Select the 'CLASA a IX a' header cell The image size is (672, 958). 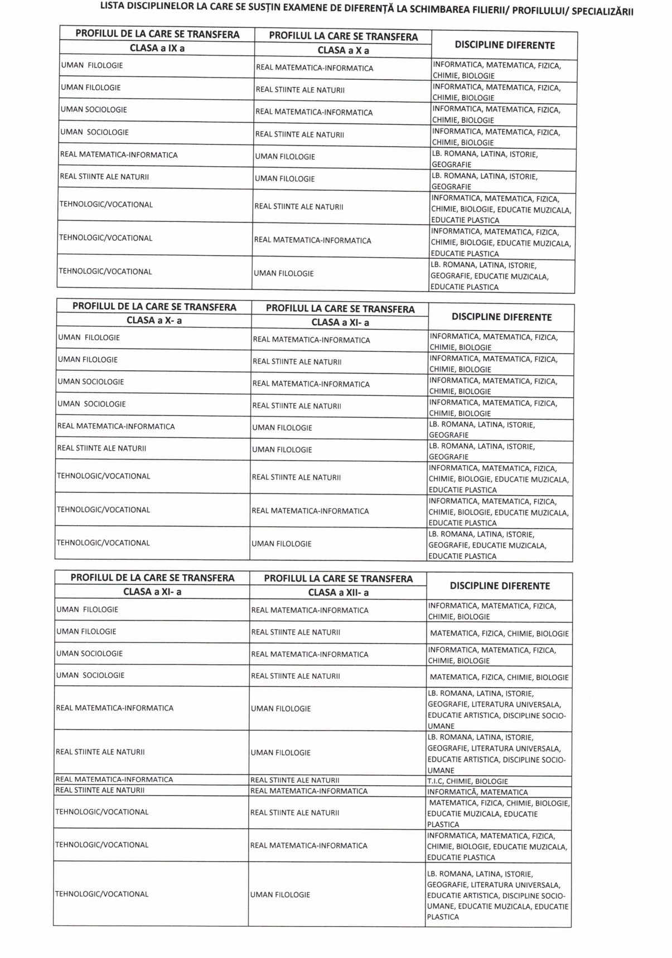157,48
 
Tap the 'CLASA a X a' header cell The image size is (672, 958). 343,50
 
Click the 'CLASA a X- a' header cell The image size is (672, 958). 154,320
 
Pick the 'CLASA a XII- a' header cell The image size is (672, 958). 338,592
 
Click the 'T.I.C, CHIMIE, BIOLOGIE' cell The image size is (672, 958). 467,781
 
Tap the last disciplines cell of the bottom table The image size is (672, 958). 497,895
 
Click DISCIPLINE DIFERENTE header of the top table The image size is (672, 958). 504,45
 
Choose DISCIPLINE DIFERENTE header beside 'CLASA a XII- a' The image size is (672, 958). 500,586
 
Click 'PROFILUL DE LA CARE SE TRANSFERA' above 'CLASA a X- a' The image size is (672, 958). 154,307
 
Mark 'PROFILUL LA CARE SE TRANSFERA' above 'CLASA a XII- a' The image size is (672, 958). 338,578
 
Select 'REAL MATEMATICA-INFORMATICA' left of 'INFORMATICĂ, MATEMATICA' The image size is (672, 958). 308,791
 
